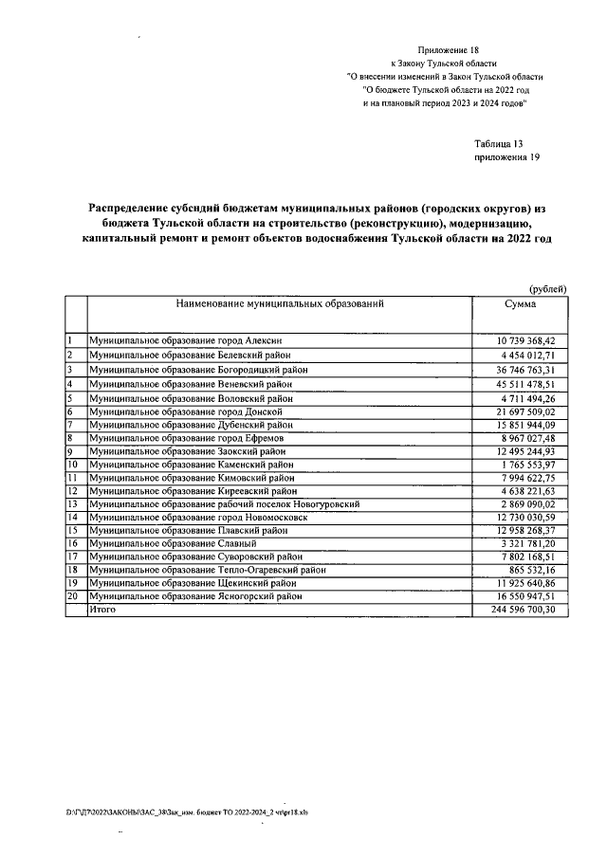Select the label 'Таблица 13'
click(499, 144)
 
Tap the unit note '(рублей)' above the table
click(547, 288)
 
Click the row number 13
click(71, 505)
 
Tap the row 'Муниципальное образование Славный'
click(171, 544)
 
